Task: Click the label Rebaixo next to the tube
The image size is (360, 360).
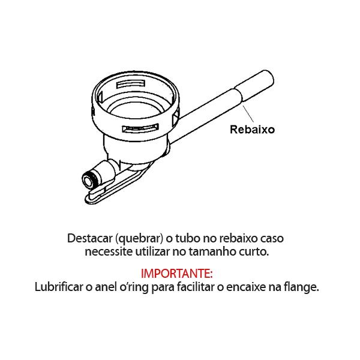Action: (253, 129)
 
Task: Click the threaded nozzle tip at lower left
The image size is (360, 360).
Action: (88, 178)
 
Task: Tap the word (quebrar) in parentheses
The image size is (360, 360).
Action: (138, 237)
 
